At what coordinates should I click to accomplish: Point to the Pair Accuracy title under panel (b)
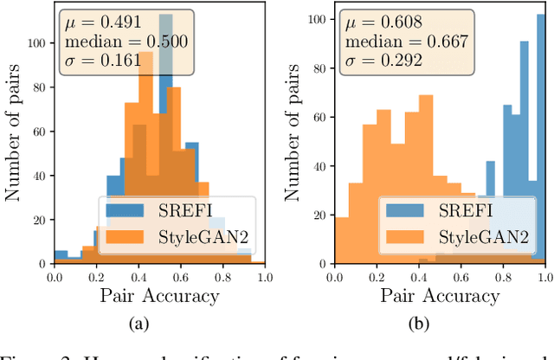(440, 296)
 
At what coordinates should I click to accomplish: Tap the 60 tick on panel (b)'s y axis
(321, 115)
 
